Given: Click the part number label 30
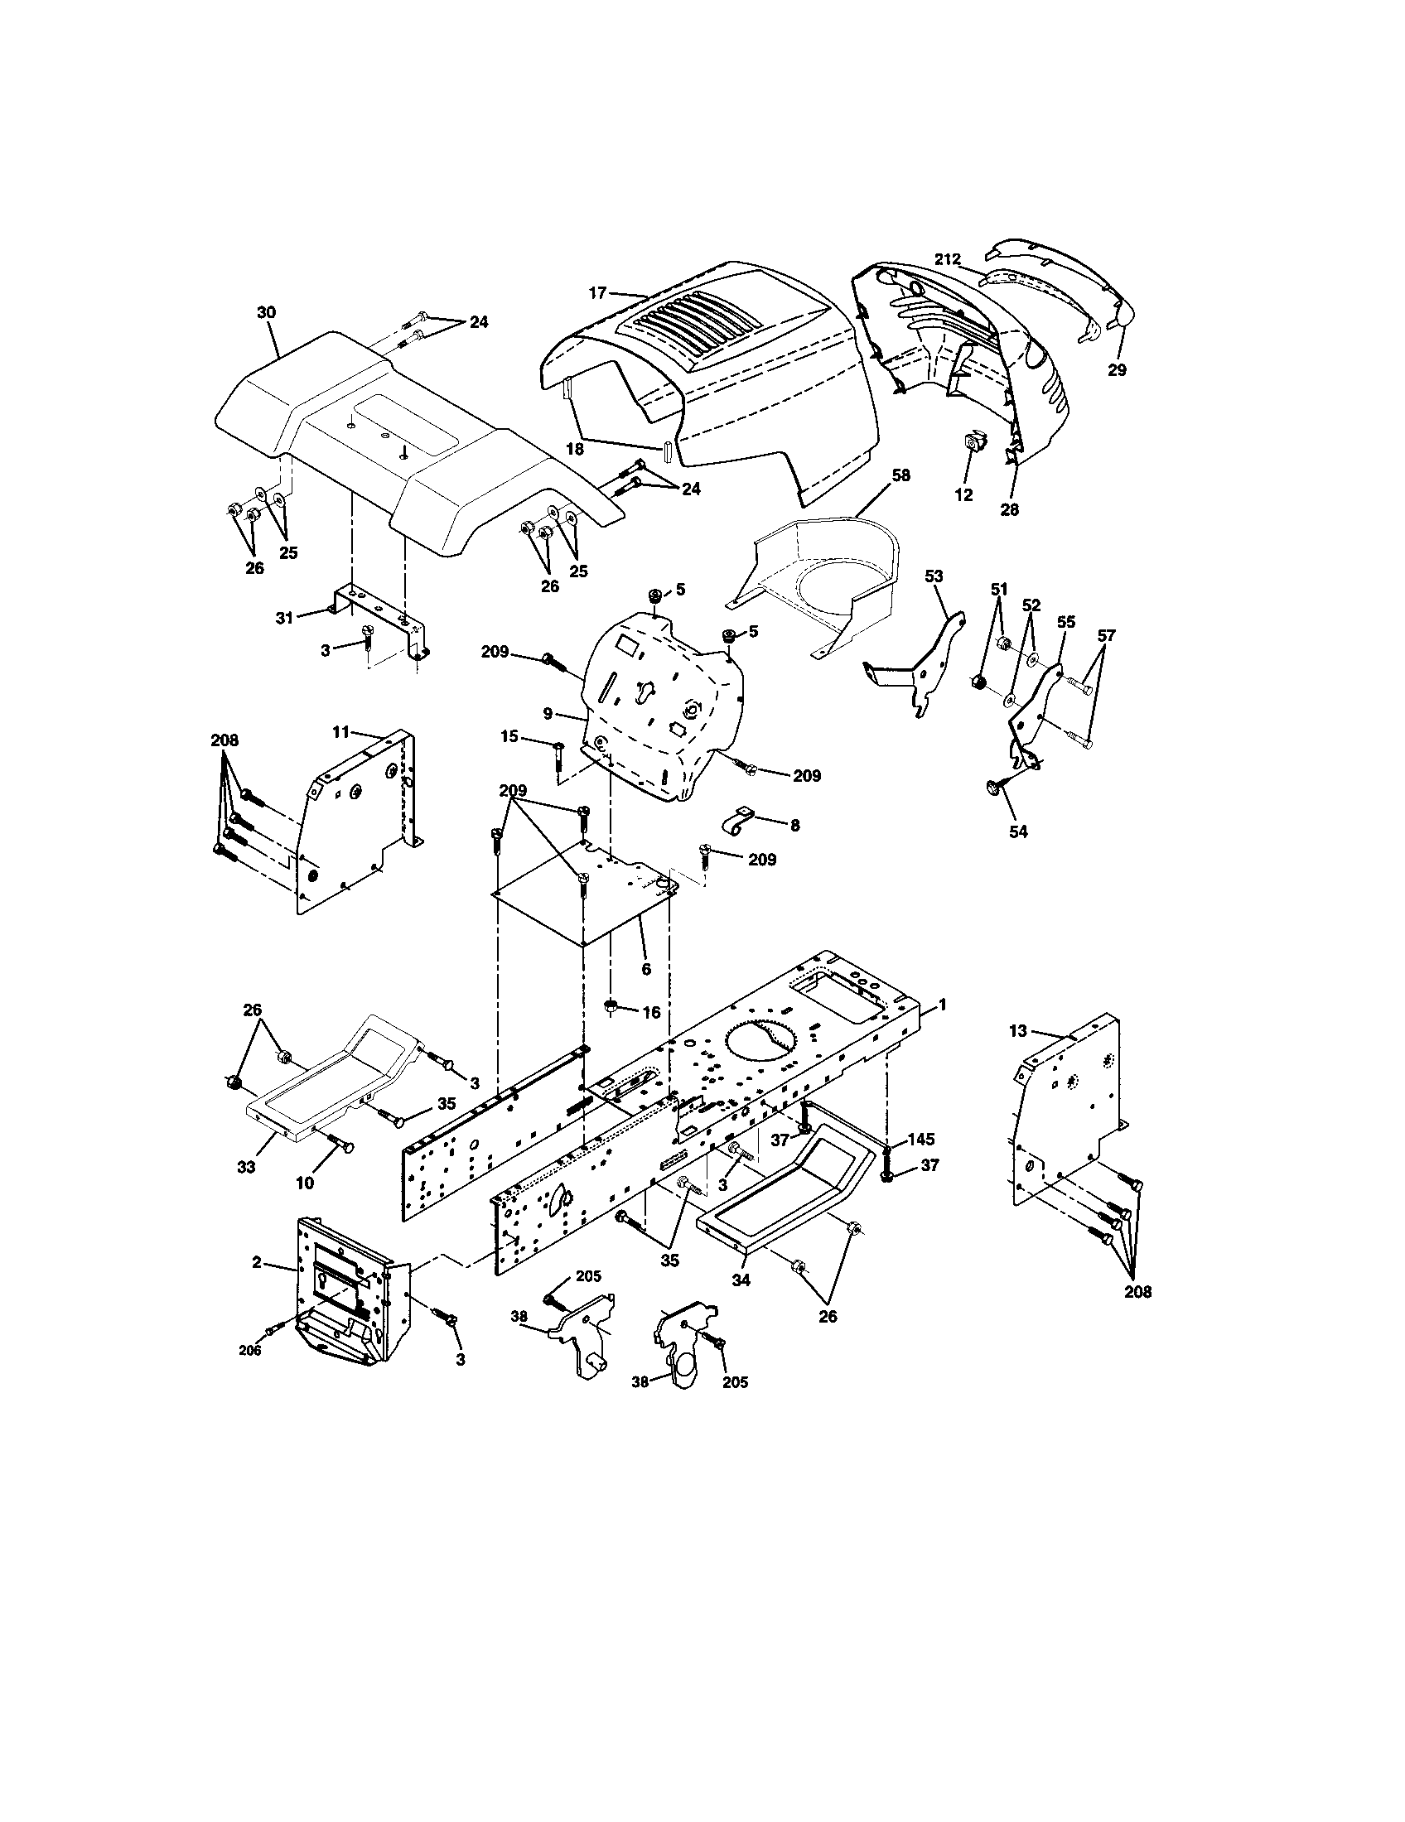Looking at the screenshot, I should coord(266,312).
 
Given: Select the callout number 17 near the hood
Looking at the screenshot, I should coord(596,293).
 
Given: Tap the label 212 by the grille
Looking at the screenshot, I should coord(947,259).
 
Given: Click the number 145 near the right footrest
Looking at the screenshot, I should coord(920,1139).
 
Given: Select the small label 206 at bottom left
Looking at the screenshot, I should coord(250,1351).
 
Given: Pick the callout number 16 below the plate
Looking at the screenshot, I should coord(652,1012).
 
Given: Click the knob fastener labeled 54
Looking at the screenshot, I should coord(991,786).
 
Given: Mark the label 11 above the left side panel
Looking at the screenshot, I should coord(340,731).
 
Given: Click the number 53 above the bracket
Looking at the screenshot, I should coord(934,576).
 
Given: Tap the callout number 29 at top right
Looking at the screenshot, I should coord(1117,369).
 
